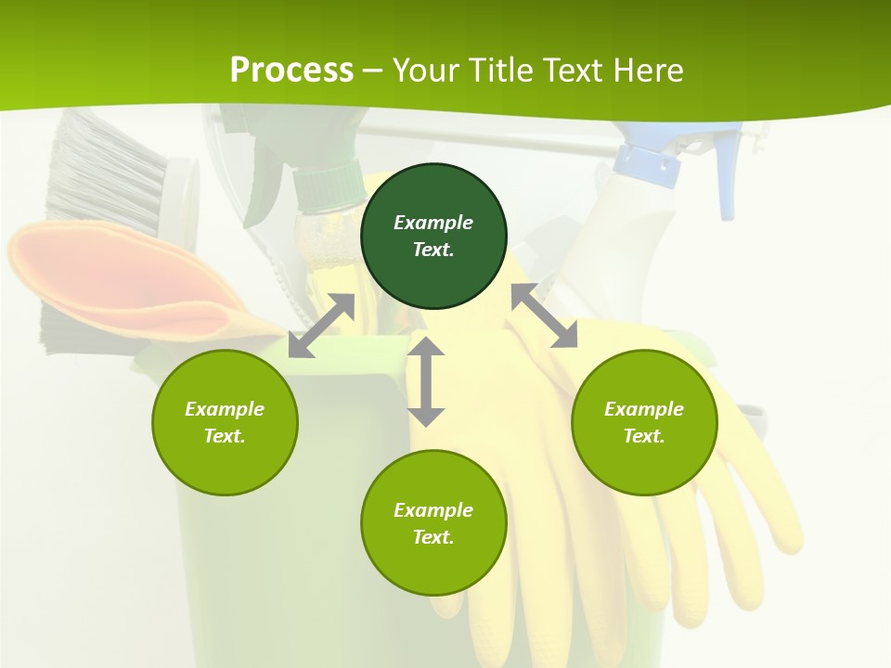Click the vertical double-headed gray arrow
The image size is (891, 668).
pos(426,381)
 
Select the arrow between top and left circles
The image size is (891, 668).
pos(321,326)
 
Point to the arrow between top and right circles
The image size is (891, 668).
pos(544,315)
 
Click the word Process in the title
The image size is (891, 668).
pos(291,70)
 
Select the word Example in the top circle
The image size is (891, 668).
pos(433,223)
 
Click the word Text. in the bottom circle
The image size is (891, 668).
pos(433,537)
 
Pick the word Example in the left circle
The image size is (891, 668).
pos(225,409)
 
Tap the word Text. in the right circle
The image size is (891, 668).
pos(644,436)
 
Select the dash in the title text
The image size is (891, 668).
pos(373,70)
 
